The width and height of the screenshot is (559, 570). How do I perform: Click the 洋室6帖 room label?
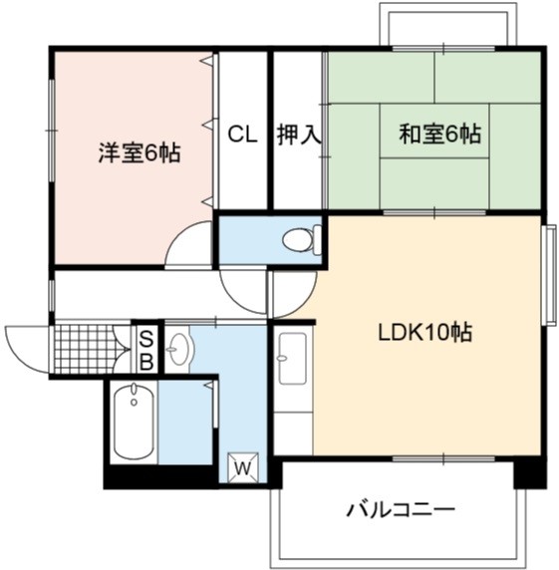coord(140,153)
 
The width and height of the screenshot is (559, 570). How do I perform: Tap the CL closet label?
coord(242,135)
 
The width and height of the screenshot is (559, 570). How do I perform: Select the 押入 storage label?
coord(299,135)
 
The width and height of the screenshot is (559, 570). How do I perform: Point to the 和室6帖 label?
coord(440,134)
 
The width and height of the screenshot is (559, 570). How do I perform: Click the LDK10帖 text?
coord(425,332)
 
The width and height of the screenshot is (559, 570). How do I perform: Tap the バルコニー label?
coord(401,509)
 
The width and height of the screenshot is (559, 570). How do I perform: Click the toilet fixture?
coord(302,239)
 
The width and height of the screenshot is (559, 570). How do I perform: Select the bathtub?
coord(134,422)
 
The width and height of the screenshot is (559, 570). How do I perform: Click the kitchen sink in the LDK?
coord(292,359)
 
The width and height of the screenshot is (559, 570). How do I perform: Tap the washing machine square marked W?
coord(243,467)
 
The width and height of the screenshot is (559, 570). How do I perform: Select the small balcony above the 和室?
coord(448,24)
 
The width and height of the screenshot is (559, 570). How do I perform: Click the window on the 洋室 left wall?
coord(52,130)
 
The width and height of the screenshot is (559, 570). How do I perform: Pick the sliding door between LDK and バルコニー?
coord(443,459)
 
